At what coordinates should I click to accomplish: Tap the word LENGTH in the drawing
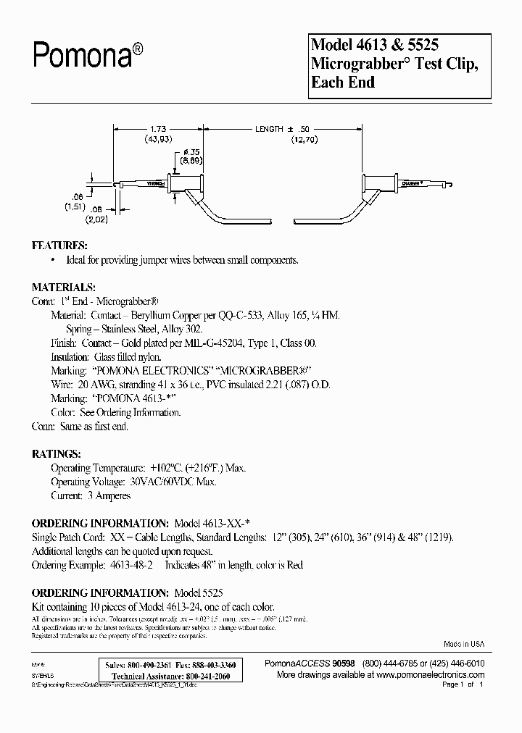(269, 128)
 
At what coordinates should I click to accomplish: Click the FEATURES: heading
(59, 245)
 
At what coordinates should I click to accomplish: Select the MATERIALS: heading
(64, 287)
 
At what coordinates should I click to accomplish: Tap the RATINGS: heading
(57, 453)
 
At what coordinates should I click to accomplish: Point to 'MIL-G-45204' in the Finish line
(223, 343)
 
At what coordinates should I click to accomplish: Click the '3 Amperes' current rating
(109, 495)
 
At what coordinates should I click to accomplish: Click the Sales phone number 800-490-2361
(151, 664)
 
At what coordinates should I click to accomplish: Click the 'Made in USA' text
(464, 643)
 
